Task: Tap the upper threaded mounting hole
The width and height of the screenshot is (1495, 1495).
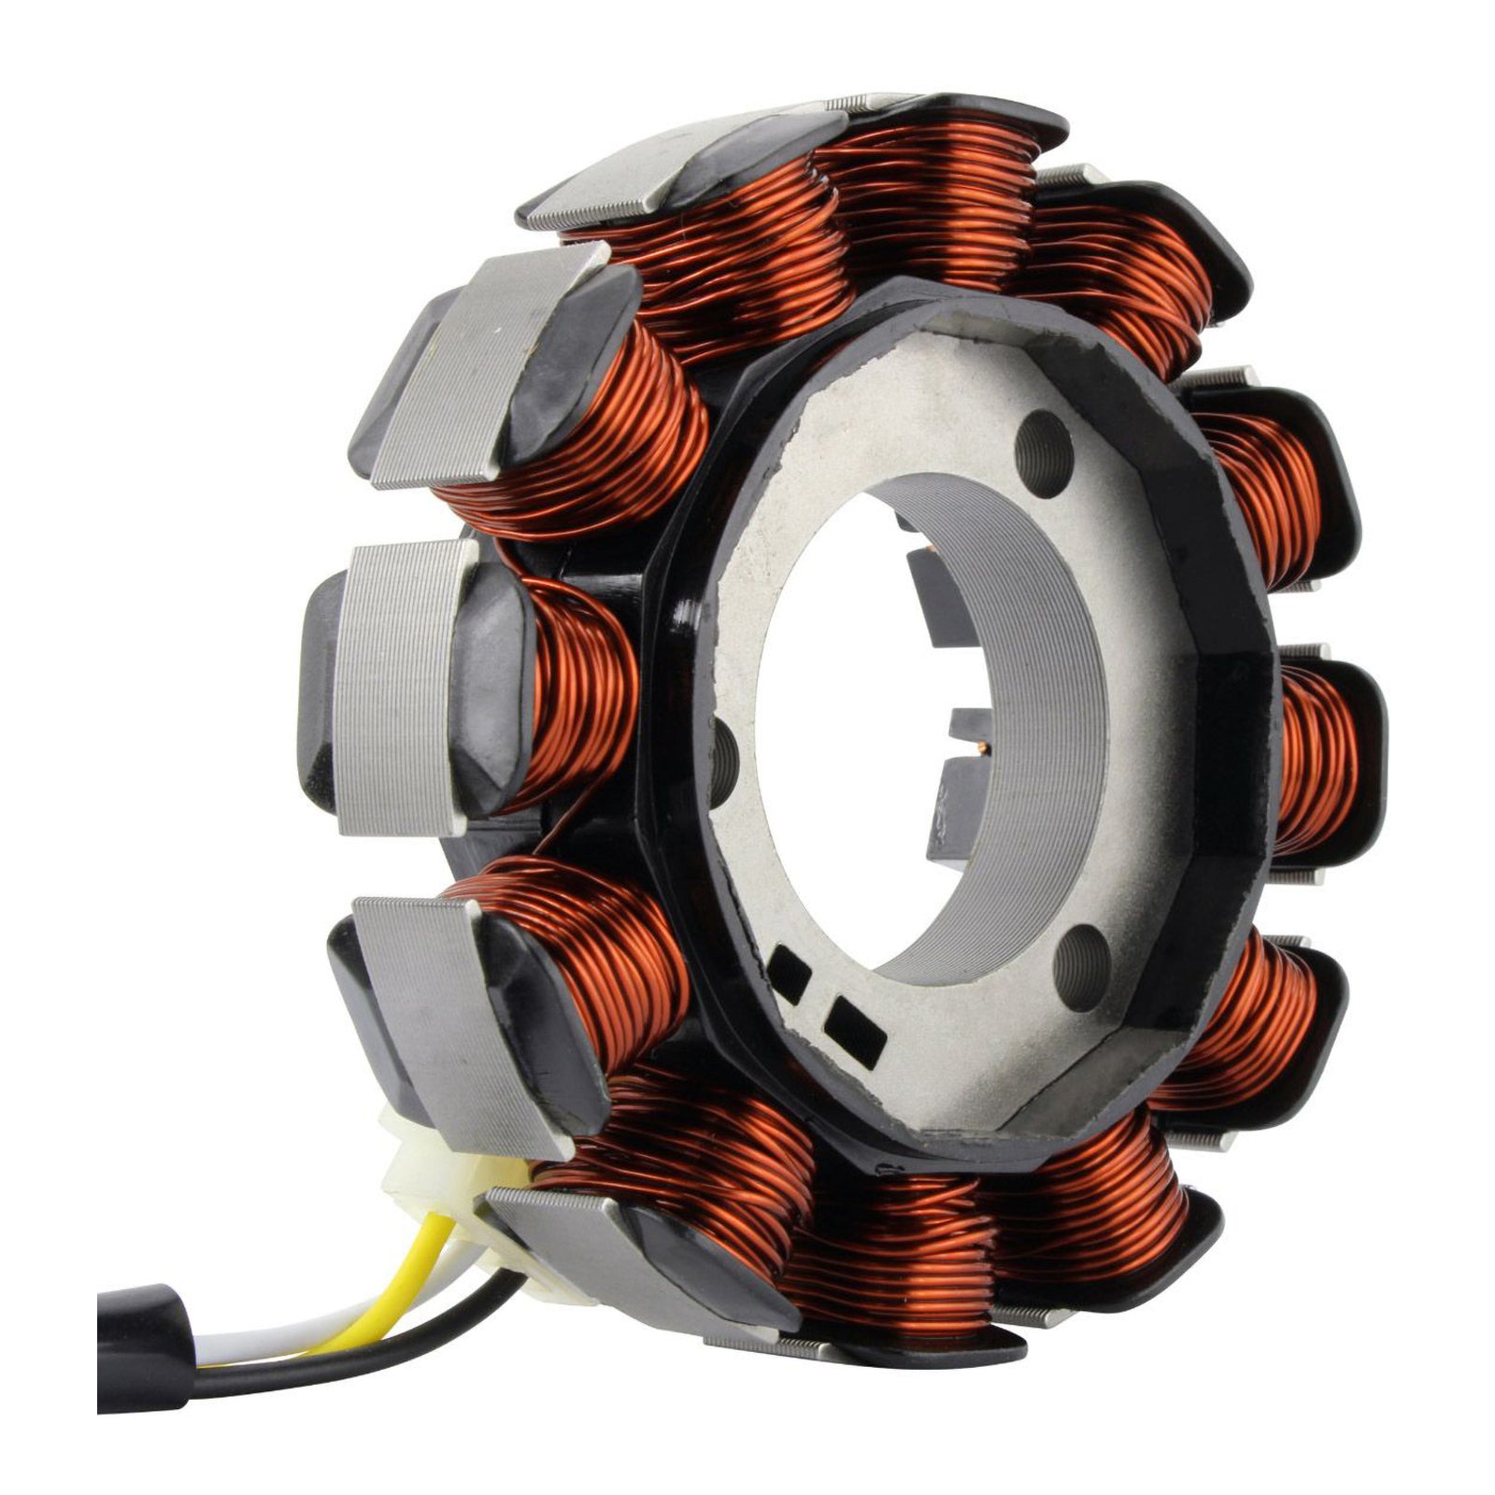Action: click(x=1045, y=436)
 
